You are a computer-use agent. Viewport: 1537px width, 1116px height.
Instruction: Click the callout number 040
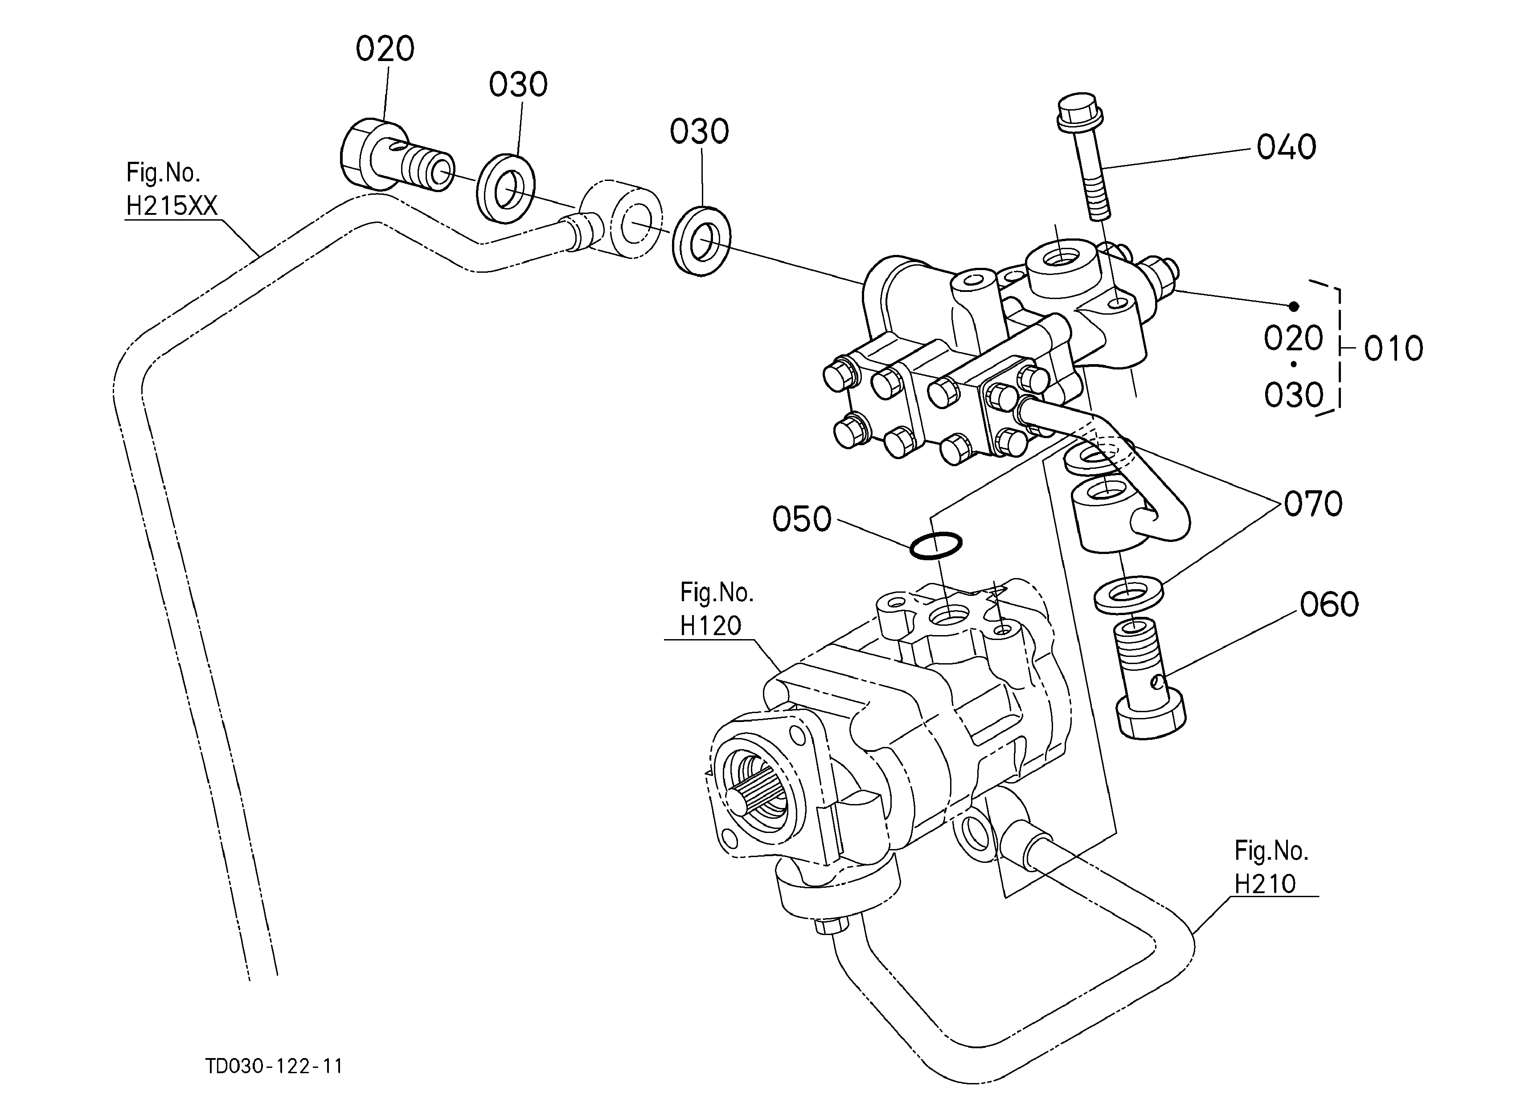[1286, 147]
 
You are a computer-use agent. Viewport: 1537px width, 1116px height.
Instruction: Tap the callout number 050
[802, 519]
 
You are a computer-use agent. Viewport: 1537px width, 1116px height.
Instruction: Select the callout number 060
[1329, 604]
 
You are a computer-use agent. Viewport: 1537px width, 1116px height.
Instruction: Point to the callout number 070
[1313, 504]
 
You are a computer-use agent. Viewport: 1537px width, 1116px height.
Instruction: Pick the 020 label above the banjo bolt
[385, 49]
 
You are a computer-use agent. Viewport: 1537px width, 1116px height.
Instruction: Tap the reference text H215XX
[172, 205]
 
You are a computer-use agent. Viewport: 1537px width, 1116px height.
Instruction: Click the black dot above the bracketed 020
[1293, 306]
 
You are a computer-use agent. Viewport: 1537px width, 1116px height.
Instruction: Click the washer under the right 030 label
[701, 241]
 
